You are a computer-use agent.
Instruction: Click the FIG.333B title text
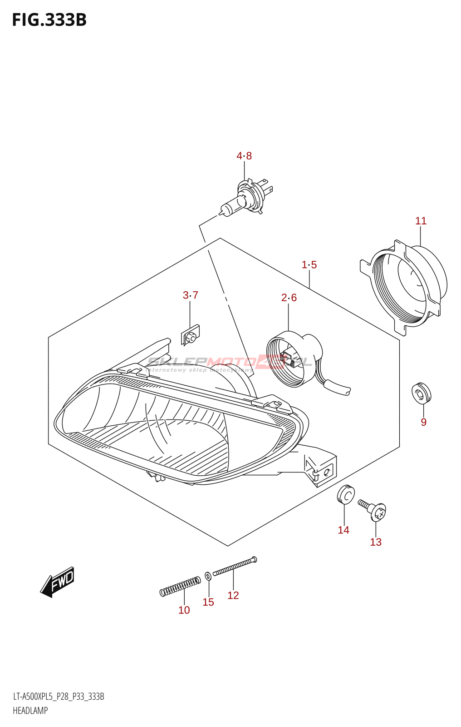[49, 20]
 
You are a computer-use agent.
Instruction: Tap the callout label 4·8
[244, 156]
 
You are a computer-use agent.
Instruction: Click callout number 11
[421, 221]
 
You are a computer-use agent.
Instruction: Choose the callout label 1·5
[309, 264]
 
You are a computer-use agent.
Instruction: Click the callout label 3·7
[190, 295]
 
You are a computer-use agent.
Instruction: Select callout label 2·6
[289, 298]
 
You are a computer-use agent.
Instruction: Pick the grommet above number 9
[421, 393]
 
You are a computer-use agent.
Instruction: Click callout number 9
[423, 422]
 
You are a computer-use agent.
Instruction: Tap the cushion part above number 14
[345, 494]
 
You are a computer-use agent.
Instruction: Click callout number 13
[376, 542]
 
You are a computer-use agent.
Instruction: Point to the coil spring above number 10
[180, 586]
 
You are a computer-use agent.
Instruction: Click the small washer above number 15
[208, 576]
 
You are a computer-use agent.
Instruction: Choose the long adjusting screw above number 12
[234, 566]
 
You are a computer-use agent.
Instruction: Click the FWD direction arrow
[58, 582]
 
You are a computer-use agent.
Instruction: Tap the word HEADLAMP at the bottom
[30, 711]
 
